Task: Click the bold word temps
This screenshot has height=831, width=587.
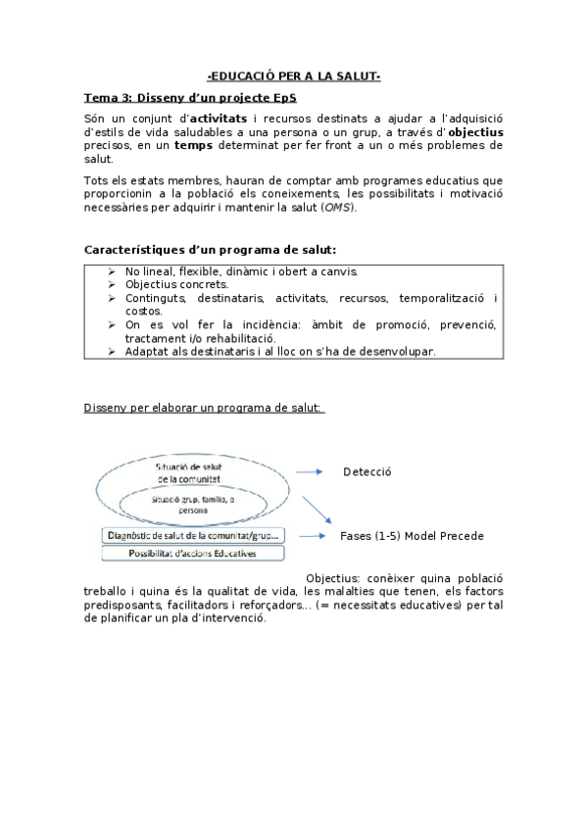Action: pyautogui.click(x=194, y=145)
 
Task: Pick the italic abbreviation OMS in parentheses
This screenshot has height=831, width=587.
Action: pyautogui.click(x=338, y=207)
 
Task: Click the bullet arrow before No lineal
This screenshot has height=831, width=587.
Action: pyautogui.click(x=113, y=271)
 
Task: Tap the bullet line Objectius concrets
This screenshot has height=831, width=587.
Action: pyautogui.click(x=176, y=284)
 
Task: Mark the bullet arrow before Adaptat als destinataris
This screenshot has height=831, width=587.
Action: pyautogui.click(x=113, y=351)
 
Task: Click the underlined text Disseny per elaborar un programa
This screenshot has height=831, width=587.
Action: pyautogui.click(x=205, y=407)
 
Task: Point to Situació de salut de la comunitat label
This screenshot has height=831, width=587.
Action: pyautogui.click(x=196, y=472)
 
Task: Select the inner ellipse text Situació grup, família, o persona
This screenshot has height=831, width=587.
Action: pyautogui.click(x=193, y=504)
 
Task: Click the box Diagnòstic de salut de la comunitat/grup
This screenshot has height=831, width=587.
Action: pyautogui.click(x=193, y=535)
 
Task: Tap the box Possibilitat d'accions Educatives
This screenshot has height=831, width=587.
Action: pyautogui.click(x=193, y=554)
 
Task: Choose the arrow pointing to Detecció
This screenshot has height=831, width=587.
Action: pyautogui.click(x=310, y=471)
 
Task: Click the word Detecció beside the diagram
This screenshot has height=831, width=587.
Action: pyautogui.click(x=367, y=471)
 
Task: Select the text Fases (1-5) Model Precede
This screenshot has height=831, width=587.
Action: pyautogui.click(x=412, y=536)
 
